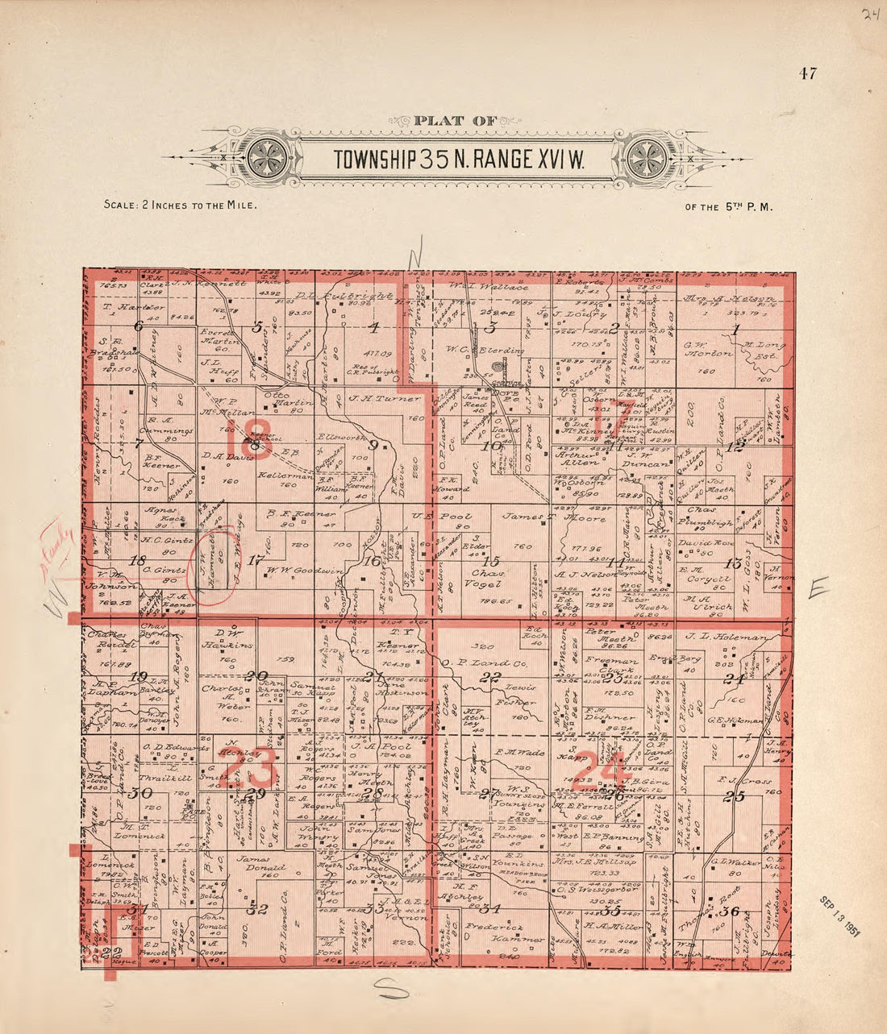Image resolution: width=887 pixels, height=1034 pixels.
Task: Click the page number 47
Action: pos(808,74)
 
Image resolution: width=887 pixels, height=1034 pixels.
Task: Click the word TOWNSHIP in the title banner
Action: pos(375,160)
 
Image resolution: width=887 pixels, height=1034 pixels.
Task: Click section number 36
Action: pos(732,911)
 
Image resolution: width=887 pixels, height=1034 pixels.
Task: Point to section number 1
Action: pos(735,328)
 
